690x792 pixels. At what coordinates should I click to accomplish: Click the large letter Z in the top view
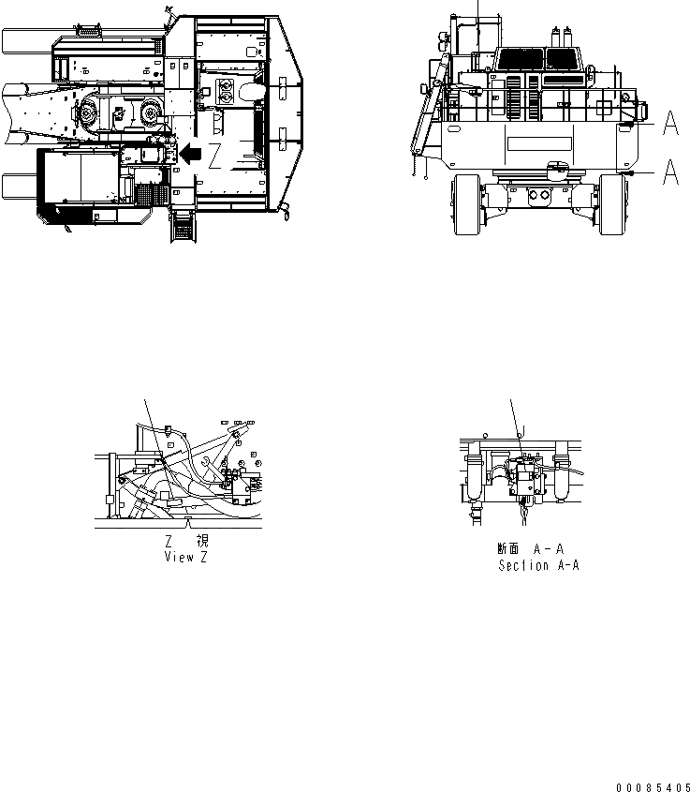215,156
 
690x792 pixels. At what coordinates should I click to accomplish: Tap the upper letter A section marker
670,122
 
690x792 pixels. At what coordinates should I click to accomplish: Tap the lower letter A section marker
670,172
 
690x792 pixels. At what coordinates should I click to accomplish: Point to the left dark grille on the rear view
516,59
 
